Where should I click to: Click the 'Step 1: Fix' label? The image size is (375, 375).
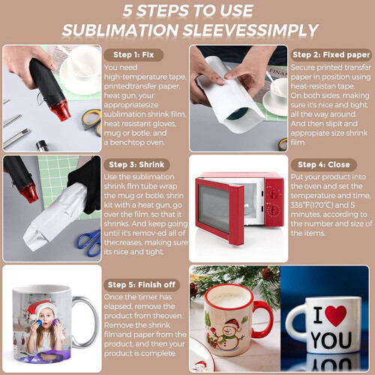click(133, 55)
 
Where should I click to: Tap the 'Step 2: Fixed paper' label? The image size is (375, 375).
click(331, 55)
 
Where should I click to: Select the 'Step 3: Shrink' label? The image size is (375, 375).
click(136, 164)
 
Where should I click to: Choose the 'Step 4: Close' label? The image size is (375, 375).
click(324, 164)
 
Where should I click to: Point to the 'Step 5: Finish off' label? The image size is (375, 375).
click(142, 285)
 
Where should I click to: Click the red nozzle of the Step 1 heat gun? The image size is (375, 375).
click(60, 110)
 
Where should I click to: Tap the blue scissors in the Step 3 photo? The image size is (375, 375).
click(90, 242)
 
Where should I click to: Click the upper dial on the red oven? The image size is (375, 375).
click(274, 193)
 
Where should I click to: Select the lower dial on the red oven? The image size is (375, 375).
click(274, 211)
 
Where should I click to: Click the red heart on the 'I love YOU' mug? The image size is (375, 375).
click(336, 316)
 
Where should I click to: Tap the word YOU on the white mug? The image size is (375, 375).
click(331, 340)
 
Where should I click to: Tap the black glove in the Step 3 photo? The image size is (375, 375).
click(85, 185)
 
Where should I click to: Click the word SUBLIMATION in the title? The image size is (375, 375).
click(120, 31)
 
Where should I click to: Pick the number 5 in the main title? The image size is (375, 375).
click(127, 11)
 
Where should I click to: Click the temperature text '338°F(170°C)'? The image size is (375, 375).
click(312, 205)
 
